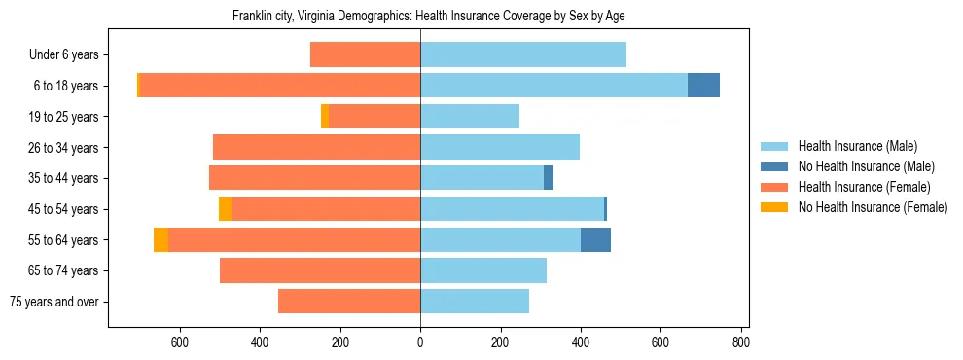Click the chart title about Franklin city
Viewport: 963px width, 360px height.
click(x=434, y=17)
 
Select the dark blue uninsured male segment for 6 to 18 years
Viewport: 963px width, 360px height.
click(x=703, y=86)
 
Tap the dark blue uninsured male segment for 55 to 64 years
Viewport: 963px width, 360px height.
click(x=595, y=239)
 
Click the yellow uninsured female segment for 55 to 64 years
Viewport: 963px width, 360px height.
click(x=160, y=239)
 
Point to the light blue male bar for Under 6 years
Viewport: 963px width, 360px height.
click(x=523, y=54)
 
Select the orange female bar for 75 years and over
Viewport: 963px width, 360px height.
click(x=349, y=302)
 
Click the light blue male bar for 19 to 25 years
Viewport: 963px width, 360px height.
click(x=470, y=117)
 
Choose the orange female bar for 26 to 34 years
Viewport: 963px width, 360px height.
click(x=316, y=147)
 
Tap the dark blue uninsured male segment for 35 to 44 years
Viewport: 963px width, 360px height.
click(x=549, y=178)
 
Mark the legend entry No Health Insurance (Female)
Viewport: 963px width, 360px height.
click(x=873, y=207)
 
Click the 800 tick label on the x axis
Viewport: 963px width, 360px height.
click(x=741, y=342)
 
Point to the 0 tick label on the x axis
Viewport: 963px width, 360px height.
click(x=420, y=342)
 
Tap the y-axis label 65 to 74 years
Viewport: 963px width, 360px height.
click(x=63, y=270)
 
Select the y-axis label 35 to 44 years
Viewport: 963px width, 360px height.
click(x=63, y=178)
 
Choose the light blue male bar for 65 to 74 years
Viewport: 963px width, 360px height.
click(x=483, y=270)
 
